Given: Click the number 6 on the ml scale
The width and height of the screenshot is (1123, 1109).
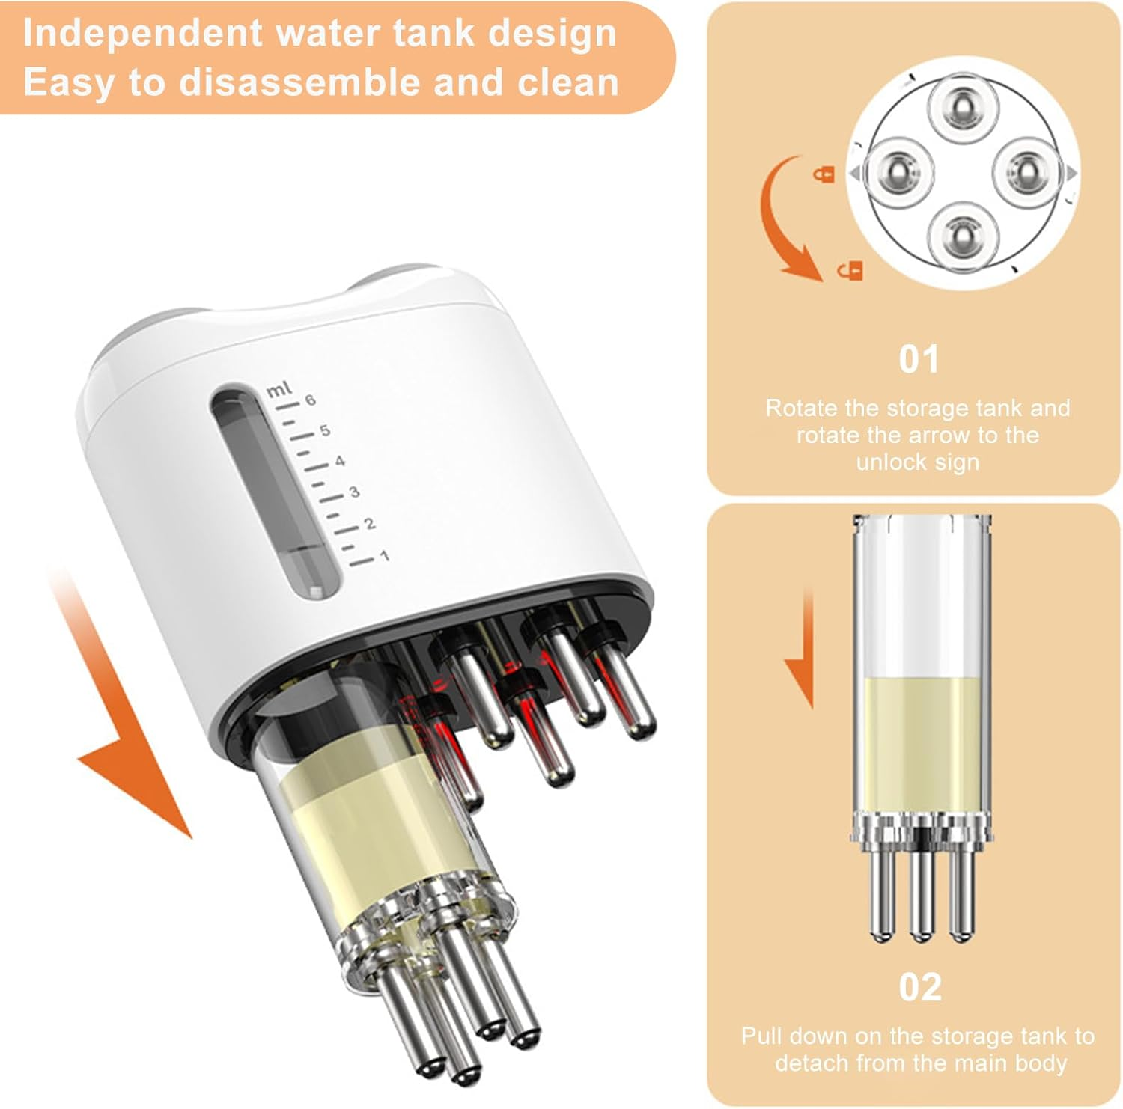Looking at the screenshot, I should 310,400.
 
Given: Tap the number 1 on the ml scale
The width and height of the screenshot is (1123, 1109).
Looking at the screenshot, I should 384,556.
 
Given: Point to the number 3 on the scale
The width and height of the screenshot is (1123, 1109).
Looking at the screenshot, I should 354,492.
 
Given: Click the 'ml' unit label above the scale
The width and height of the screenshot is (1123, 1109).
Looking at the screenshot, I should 279,389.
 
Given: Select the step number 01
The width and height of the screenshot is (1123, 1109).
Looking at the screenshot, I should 919,360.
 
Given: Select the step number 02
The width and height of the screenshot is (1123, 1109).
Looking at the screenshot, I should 920,988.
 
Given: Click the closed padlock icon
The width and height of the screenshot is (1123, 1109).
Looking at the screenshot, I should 824,174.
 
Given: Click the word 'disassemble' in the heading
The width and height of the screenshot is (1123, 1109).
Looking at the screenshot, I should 301,82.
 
